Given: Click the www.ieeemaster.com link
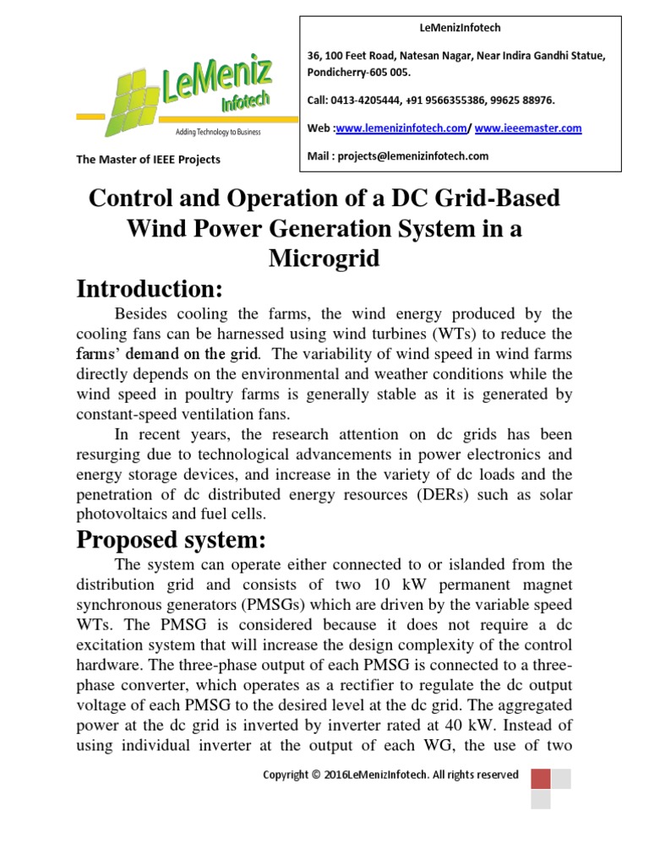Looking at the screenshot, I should pyautogui.click(x=528, y=128).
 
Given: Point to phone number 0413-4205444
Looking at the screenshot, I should pyautogui.click(x=368, y=101).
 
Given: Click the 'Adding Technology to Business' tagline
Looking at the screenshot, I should pyautogui.click(x=218, y=133).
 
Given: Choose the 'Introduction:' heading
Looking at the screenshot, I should pyautogui.click(x=150, y=290).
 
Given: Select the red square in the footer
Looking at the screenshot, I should pyautogui.click(x=541, y=778).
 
